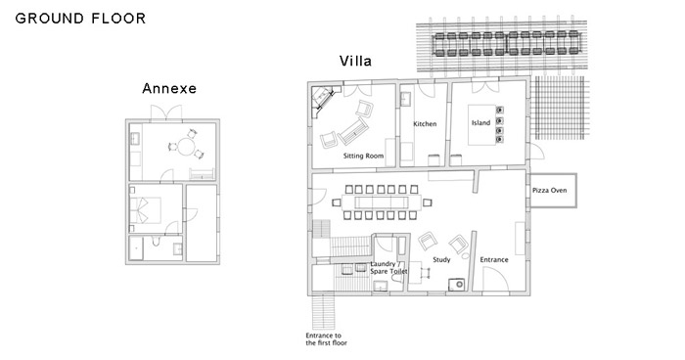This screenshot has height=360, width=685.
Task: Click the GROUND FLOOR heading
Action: coord(80,19)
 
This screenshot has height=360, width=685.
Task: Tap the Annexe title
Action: coord(169,89)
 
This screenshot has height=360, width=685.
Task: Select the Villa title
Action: coord(355,61)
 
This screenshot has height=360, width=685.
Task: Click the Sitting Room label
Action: coord(363,156)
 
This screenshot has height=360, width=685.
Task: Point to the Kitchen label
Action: coord(425,124)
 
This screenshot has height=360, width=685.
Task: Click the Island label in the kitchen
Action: coord(480,122)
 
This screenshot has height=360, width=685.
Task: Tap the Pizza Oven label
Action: coord(550,191)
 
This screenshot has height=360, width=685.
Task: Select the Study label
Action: coord(441,259)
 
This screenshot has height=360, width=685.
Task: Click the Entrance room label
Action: coord(494,259)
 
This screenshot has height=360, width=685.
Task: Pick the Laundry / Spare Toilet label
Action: coord(388,268)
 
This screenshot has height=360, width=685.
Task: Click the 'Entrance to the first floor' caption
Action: coord(326,339)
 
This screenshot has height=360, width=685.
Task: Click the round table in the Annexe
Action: coord(187,147)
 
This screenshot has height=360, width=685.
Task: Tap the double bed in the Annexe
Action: coord(146,210)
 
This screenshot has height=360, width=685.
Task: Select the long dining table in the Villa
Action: coord(382,202)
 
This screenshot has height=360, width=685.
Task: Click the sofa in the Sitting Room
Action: coord(353,131)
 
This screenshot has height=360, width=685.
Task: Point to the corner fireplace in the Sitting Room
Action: coord(323,100)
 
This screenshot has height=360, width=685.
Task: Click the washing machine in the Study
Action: coord(457,285)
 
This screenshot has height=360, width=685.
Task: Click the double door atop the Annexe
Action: coord(166,112)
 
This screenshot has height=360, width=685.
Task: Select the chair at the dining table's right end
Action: coord(428,202)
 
